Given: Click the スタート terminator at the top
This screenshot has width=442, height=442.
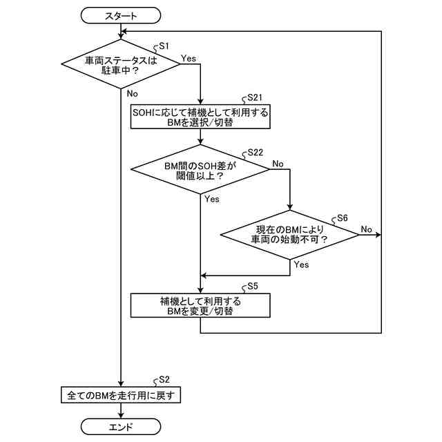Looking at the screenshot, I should coord(121,15).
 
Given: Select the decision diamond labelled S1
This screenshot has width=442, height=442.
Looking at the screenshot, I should coord(121,64).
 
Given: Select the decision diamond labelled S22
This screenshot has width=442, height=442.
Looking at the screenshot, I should coord(200,169).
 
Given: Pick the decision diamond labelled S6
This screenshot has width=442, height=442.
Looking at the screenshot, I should coord(289,234).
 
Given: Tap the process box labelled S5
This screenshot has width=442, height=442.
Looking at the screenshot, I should coord(200,305).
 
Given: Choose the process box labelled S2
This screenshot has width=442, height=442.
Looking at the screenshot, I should coord(121,396).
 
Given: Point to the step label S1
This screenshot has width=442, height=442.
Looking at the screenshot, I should coord(164,46).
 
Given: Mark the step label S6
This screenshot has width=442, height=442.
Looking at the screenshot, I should coord(341,218).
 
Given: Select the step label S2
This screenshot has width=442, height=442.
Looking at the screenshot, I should coord(164,380).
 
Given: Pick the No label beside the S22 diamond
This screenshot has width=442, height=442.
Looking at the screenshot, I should coord(278,164).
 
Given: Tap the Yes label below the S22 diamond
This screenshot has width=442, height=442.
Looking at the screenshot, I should coord(211,200).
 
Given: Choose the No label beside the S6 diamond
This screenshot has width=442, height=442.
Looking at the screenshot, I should coord(366,229).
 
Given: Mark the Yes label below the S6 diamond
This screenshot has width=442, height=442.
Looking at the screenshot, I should coord(301,265).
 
